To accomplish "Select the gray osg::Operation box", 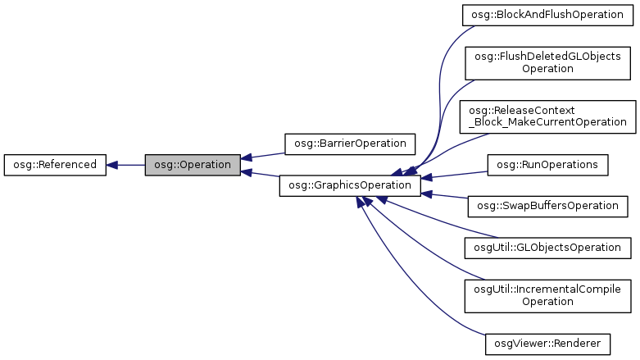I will tap(193, 164).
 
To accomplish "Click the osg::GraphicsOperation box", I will tap(350, 186).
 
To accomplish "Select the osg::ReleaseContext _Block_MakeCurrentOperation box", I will tap(547, 116).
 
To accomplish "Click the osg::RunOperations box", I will tap(547, 164).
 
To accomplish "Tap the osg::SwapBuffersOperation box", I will tap(547, 205).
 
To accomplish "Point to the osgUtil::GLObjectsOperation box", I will tap(547, 247).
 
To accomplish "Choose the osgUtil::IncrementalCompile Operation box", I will tap(547, 295).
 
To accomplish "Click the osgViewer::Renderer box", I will tap(547, 342).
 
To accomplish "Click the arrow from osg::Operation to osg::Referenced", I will tap(131, 164).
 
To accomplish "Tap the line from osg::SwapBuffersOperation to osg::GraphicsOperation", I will tap(449, 197).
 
